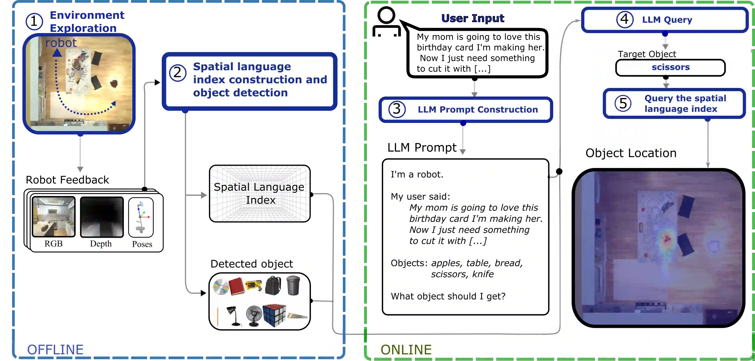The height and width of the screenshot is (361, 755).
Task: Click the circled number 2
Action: click(x=178, y=73)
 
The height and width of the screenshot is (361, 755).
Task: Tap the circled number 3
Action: click(x=397, y=109)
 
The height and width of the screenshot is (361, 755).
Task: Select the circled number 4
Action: click(x=625, y=20)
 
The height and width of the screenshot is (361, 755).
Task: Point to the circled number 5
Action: click(x=623, y=103)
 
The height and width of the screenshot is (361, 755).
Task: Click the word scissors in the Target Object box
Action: click(x=670, y=67)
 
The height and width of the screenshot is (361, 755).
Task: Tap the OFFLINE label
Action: click(x=55, y=350)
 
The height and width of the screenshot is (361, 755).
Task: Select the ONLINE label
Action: click(x=406, y=350)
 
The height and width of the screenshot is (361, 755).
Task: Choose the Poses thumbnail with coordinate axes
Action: click(x=141, y=217)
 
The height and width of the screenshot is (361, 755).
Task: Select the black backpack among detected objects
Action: click(x=273, y=285)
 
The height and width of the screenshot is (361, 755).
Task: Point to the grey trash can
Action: click(x=293, y=285)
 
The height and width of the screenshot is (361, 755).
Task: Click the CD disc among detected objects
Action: click(x=220, y=287)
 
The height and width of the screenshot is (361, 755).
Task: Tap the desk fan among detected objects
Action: click(x=254, y=316)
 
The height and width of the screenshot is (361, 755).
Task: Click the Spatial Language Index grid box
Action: click(x=260, y=194)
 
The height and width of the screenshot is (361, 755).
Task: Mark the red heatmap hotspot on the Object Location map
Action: click(x=667, y=239)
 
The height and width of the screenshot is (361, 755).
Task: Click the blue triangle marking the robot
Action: click(x=57, y=53)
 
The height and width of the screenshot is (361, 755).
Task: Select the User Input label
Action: click(x=473, y=18)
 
